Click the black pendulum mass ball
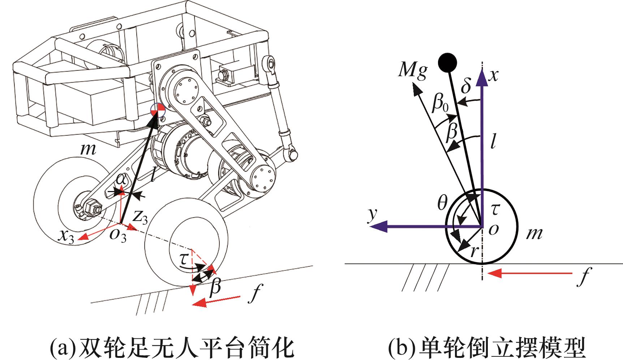point(447,62)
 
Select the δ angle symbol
point(467,86)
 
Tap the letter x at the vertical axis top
point(494,75)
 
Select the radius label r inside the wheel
point(475,251)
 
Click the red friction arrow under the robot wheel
point(216,300)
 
